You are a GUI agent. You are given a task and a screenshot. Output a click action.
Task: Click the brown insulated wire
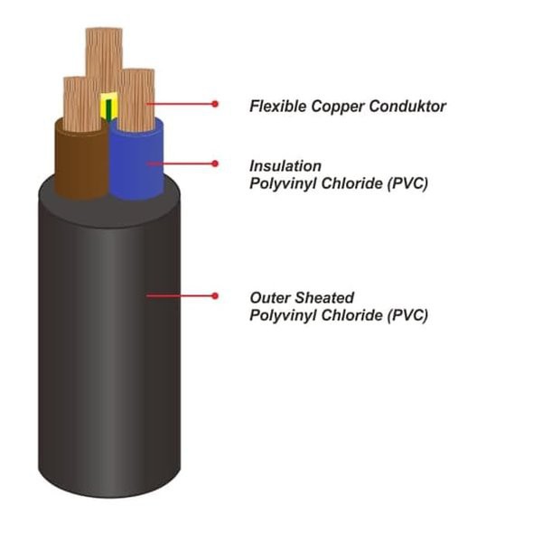pyautogui.click(x=79, y=158)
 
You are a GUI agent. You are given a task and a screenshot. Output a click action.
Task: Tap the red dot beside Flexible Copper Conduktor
pyautogui.click(x=215, y=104)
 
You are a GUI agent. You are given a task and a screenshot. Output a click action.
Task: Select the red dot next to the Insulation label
pyautogui.click(x=215, y=164)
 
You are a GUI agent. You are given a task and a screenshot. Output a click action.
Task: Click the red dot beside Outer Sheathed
pyautogui.click(x=215, y=295)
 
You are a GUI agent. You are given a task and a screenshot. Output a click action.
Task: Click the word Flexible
pyautogui.click(x=275, y=107)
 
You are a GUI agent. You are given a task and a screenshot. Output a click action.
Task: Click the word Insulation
pyautogui.click(x=285, y=166)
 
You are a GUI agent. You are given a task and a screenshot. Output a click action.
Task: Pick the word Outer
pyautogui.click(x=268, y=297)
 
